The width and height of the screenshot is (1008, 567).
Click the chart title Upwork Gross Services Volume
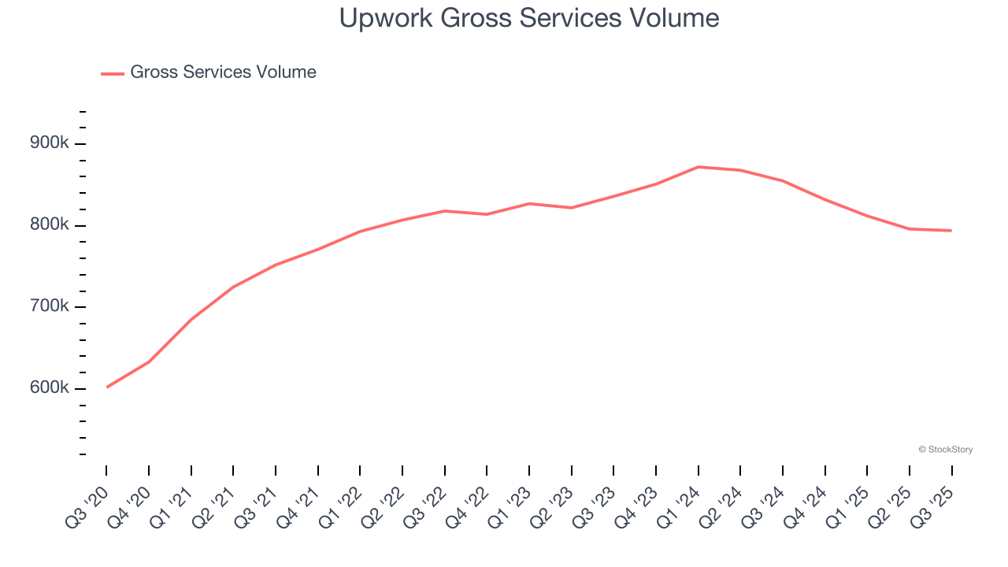(x=528, y=18)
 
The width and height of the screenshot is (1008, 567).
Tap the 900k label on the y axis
(x=50, y=143)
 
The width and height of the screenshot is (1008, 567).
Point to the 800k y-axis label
(x=50, y=225)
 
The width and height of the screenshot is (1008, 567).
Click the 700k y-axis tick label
(x=50, y=306)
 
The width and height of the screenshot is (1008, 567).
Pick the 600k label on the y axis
(x=50, y=388)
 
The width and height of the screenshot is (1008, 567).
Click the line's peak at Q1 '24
(x=699, y=167)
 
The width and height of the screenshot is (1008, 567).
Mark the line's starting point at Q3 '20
(x=106, y=387)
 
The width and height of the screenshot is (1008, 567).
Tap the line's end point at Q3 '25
(x=951, y=231)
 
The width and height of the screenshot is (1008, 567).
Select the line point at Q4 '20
(x=149, y=361)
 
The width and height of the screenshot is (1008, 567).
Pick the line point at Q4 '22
(x=487, y=214)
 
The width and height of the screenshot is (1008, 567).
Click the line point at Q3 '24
(x=783, y=181)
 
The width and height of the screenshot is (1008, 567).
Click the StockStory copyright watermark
(x=945, y=450)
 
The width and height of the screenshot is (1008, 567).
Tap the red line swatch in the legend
(x=113, y=73)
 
